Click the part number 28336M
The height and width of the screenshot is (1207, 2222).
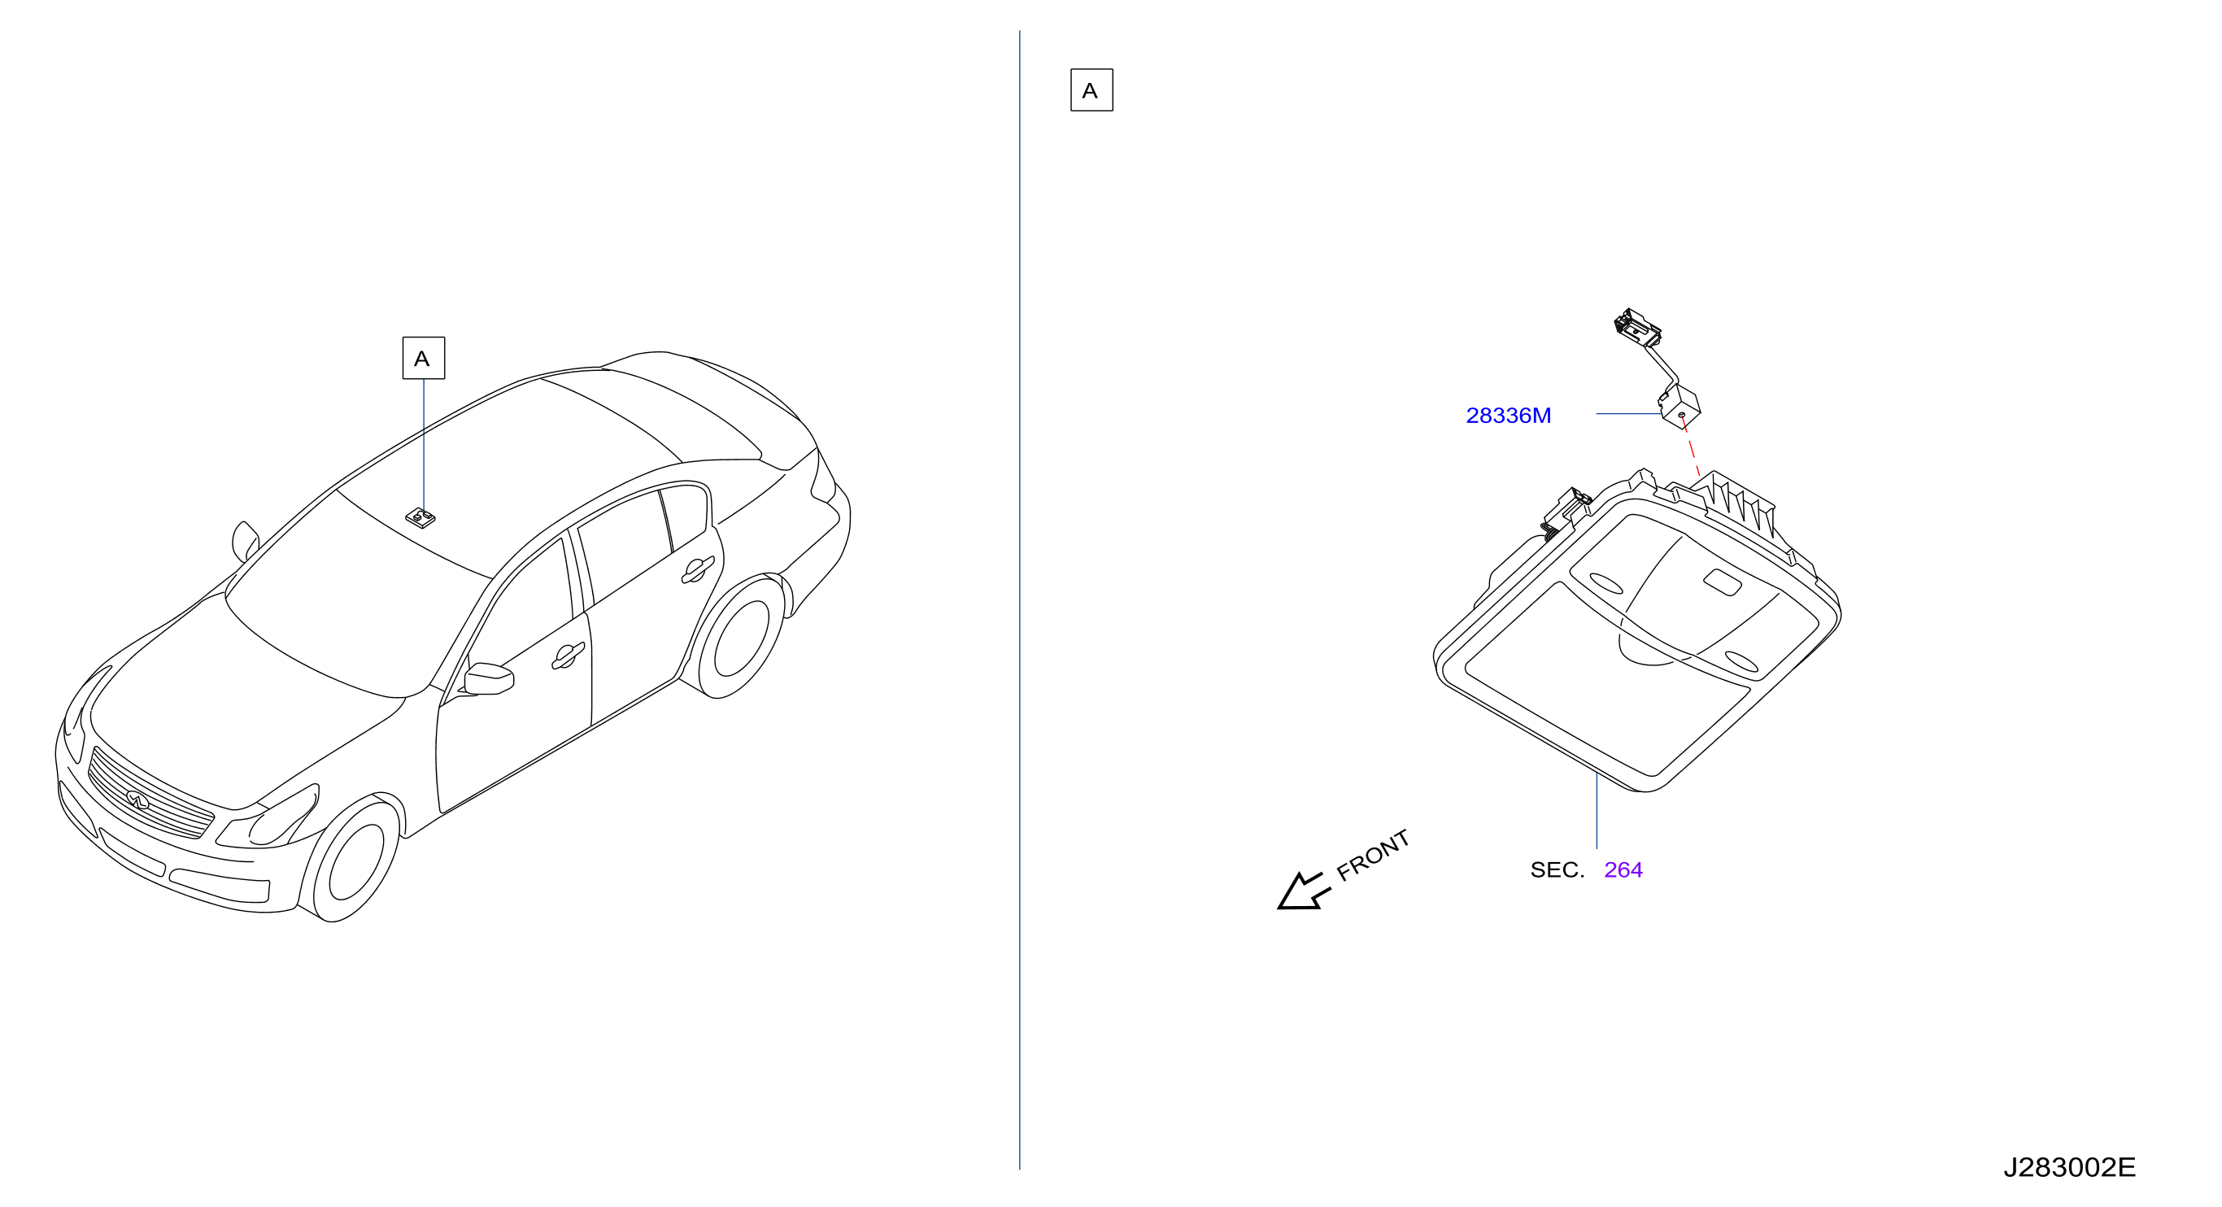pyautogui.click(x=1508, y=416)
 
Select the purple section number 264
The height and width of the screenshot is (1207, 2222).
pyautogui.click(x=1623, y=869)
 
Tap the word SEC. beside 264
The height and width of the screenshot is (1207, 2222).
pyautogui.click(x=1557, y=869)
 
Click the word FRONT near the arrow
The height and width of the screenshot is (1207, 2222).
pyautogui.click(x=1372, y=855)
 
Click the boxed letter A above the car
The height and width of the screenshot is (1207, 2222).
pyautogui.click(x=424, y=358)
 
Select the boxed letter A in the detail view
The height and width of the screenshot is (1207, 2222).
pyautogui.click(x=1091, y=89)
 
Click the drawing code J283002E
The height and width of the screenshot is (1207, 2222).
pyautogui.click(x=2068, y=1167)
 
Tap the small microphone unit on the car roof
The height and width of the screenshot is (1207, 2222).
pyautogui.click(x=420, y=516)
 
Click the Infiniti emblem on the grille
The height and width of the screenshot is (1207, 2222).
pyautogui.click(x=137, y=800)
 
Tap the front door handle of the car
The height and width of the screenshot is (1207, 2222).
pyautogui.click(x=568, y=656)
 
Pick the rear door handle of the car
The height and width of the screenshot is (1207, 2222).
pyautogui.click(x=697, y=569)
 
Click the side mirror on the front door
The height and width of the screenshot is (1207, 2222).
pyautogui.click(x=488, y=679)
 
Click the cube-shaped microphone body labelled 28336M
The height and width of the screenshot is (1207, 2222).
pyautogui.click(x=1680, y=407)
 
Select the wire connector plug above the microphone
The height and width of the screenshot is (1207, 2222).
pyautogui.click(x=1636, y=328)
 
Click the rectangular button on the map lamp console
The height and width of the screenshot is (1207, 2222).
pyautogui.click(x=1722, y=582)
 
